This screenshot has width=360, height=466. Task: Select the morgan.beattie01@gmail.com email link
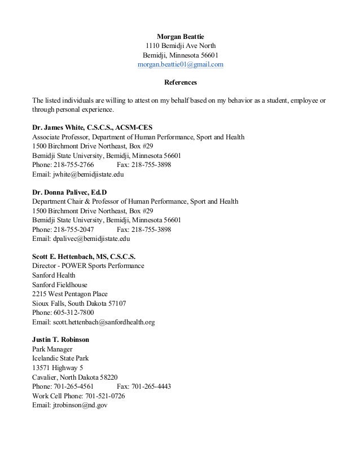pyautogui.click(x=180, y=65)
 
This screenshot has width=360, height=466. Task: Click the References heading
pyautogui.click(x=180, y=83)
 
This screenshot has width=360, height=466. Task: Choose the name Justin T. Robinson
pyautogui.click(x=60, y=340)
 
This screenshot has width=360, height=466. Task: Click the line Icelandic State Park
pyautogui.click(x=60, y=358)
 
